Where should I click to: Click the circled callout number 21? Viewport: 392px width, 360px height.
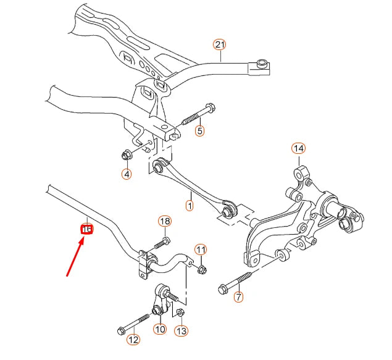(x=220, y=44)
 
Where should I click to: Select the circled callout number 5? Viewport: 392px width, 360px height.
(x=199, y=131)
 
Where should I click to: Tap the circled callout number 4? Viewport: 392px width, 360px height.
(x=127, y=174)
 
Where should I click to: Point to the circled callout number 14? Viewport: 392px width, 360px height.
(x=299, y=148)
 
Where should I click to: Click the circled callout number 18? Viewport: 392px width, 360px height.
(x=164, y=222)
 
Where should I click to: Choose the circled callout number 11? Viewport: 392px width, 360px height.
(x=201, y=249)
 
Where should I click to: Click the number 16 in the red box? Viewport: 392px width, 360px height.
(x=87, y=229)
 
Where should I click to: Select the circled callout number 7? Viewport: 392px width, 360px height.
(x=238, y=297)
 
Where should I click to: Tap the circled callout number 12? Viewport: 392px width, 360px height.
(x=133, y=339)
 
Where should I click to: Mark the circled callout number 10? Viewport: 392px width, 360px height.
(x=160, y=329)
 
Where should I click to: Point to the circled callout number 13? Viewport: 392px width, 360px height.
(x=181, y=331)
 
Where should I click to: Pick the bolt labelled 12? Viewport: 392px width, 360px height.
(x=132, y=322)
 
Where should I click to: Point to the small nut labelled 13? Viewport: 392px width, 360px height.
(x=178, y=312)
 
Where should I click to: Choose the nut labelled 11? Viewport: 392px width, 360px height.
(x=202, y=269)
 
